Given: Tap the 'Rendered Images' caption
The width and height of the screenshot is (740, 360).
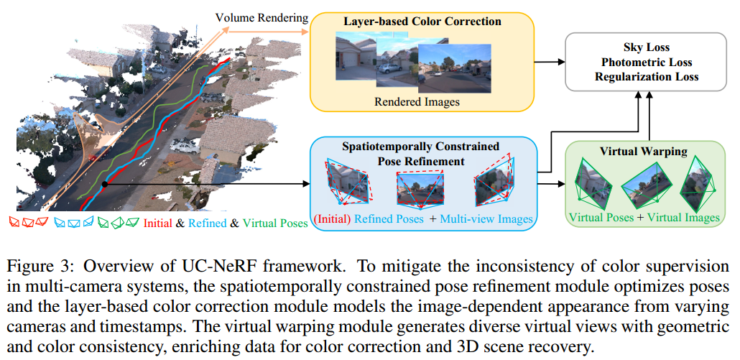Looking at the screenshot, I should point(417,101).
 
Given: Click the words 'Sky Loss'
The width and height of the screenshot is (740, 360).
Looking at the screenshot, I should point(647,47).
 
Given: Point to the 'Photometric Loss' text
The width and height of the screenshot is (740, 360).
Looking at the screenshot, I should point(647,62).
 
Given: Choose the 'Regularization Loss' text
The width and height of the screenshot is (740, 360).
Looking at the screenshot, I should point(647,76).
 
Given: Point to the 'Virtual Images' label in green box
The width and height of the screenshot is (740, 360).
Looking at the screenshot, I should point(683,218).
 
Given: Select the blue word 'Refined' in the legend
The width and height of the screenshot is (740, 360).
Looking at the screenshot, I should point(206,223).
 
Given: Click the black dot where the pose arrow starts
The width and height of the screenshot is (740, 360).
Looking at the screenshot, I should point(105,185).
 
